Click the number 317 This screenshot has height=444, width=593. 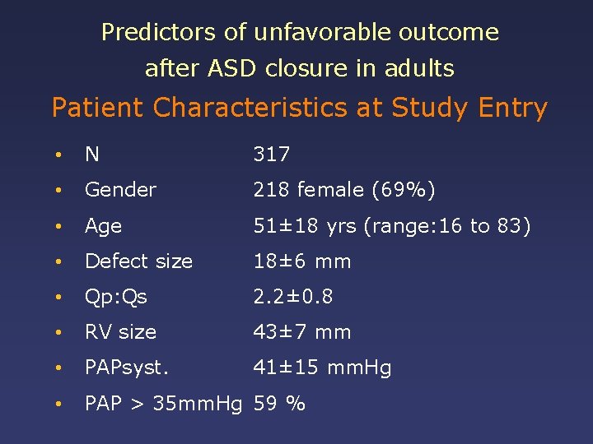271,155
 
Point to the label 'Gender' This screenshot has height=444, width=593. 120,190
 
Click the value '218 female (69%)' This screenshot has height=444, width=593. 344,190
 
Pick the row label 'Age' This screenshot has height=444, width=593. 103,226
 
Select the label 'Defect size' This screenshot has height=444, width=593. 138,261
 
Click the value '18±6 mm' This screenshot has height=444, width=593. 302,261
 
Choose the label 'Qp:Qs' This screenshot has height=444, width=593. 116,297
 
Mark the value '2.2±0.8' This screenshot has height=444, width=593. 293,297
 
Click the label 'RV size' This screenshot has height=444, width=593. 120,332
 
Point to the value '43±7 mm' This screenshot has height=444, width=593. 302,332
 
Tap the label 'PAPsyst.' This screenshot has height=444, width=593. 126,368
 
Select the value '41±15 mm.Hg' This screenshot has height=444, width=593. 322,368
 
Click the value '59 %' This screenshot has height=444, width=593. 279,404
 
